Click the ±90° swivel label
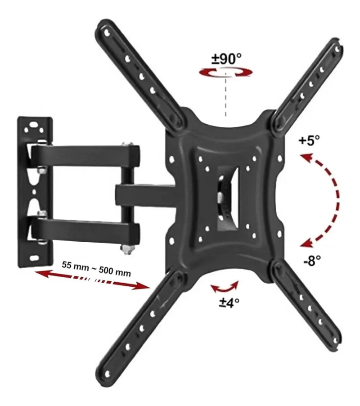pos(227,59)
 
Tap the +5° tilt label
pos(309,141)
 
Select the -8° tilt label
pos(312,261)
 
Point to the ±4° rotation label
pos(229,302)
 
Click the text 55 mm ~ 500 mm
pos(96,269)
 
